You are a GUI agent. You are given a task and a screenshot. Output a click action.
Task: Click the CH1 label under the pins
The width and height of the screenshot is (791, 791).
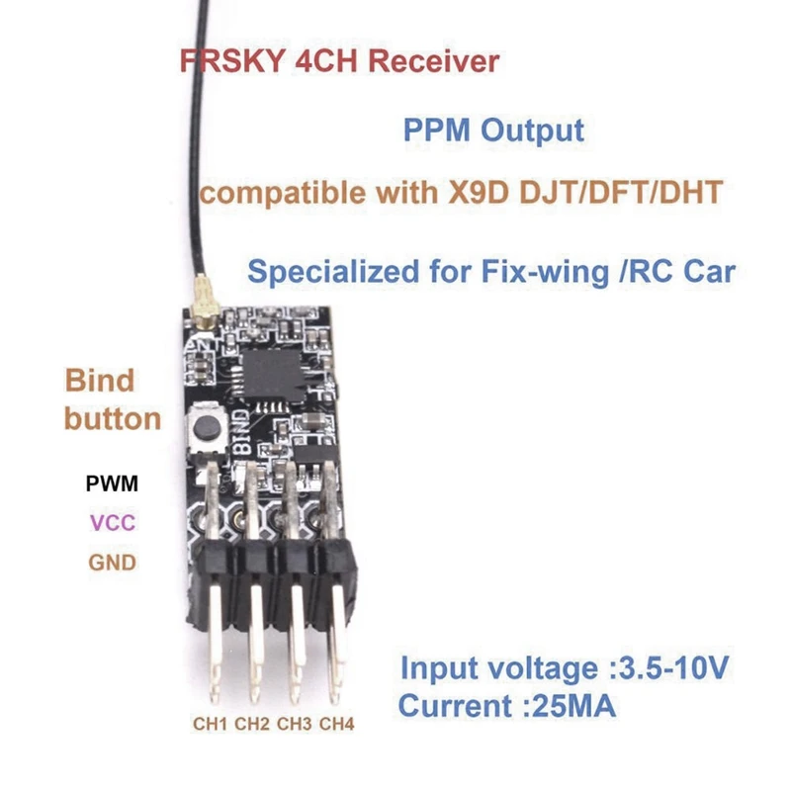coord(210,724)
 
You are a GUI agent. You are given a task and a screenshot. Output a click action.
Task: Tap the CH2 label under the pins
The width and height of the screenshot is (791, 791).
coord(252,724)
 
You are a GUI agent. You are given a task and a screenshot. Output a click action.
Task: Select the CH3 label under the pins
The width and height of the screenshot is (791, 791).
coord(295,724)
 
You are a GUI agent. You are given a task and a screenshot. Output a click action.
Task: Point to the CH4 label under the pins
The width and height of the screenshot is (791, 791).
coord(337,724)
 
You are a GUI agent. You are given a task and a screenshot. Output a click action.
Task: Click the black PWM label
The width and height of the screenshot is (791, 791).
coord(112,484)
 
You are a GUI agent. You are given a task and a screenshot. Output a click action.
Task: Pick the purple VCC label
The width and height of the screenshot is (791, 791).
coord(112,524)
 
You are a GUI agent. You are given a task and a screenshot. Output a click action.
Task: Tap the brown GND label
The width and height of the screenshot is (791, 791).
coord(112,563)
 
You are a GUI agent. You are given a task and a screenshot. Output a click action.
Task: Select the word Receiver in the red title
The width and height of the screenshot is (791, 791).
coord(432,61)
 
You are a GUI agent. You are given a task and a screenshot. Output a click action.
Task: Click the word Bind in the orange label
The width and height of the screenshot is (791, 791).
coord(99,381)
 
